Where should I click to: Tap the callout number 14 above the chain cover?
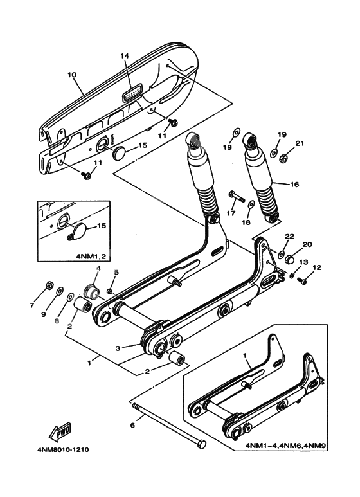(x=125, y=57)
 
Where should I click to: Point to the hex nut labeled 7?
(x=50, y=284)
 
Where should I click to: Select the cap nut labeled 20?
(x=289, y=260)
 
